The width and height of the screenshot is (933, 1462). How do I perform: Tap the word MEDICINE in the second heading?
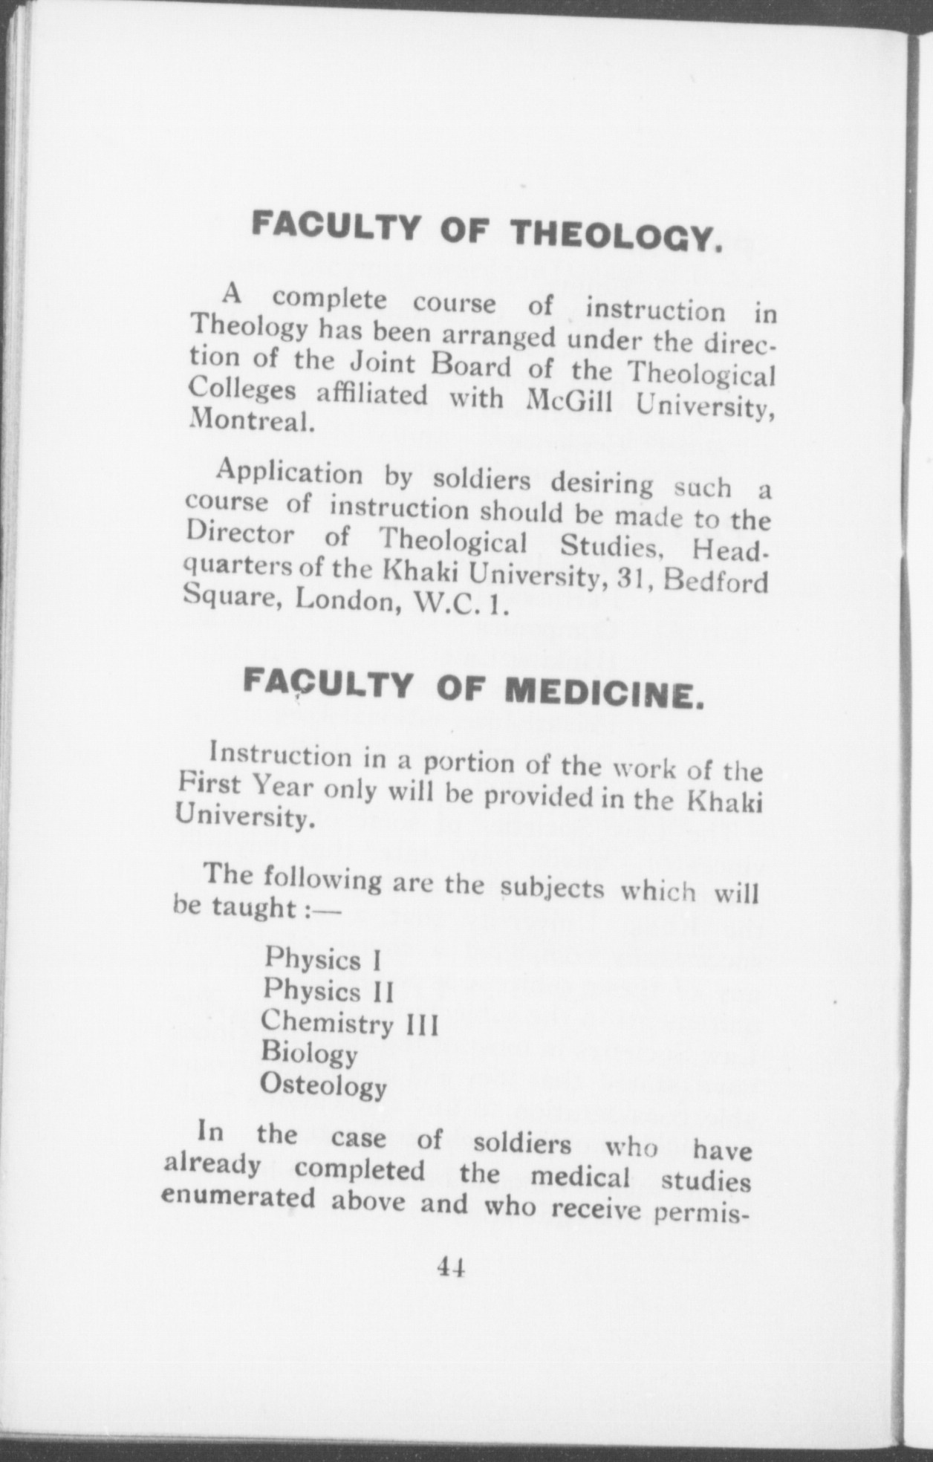(602, 692)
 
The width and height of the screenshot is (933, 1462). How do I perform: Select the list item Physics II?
(328, 990)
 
